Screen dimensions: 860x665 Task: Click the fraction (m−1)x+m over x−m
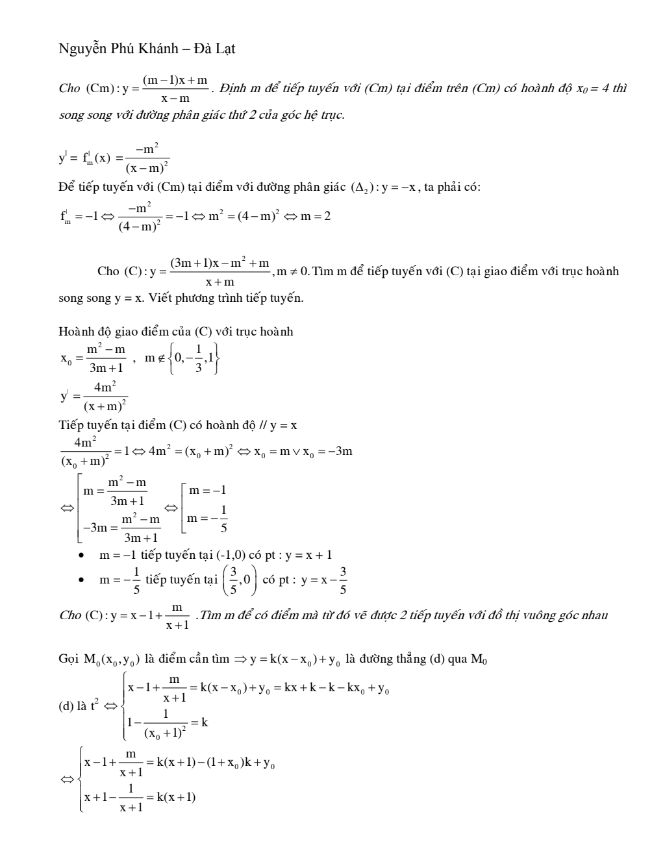click(175, 89)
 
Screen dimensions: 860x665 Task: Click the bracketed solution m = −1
click(207, 491)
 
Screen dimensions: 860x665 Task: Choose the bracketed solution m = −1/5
click(207, 518)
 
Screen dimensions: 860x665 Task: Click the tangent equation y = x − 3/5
click(324, 580)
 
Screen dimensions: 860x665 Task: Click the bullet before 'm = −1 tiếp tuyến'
click(81, 556)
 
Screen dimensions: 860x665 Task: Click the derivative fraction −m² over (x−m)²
click(148, 158)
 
